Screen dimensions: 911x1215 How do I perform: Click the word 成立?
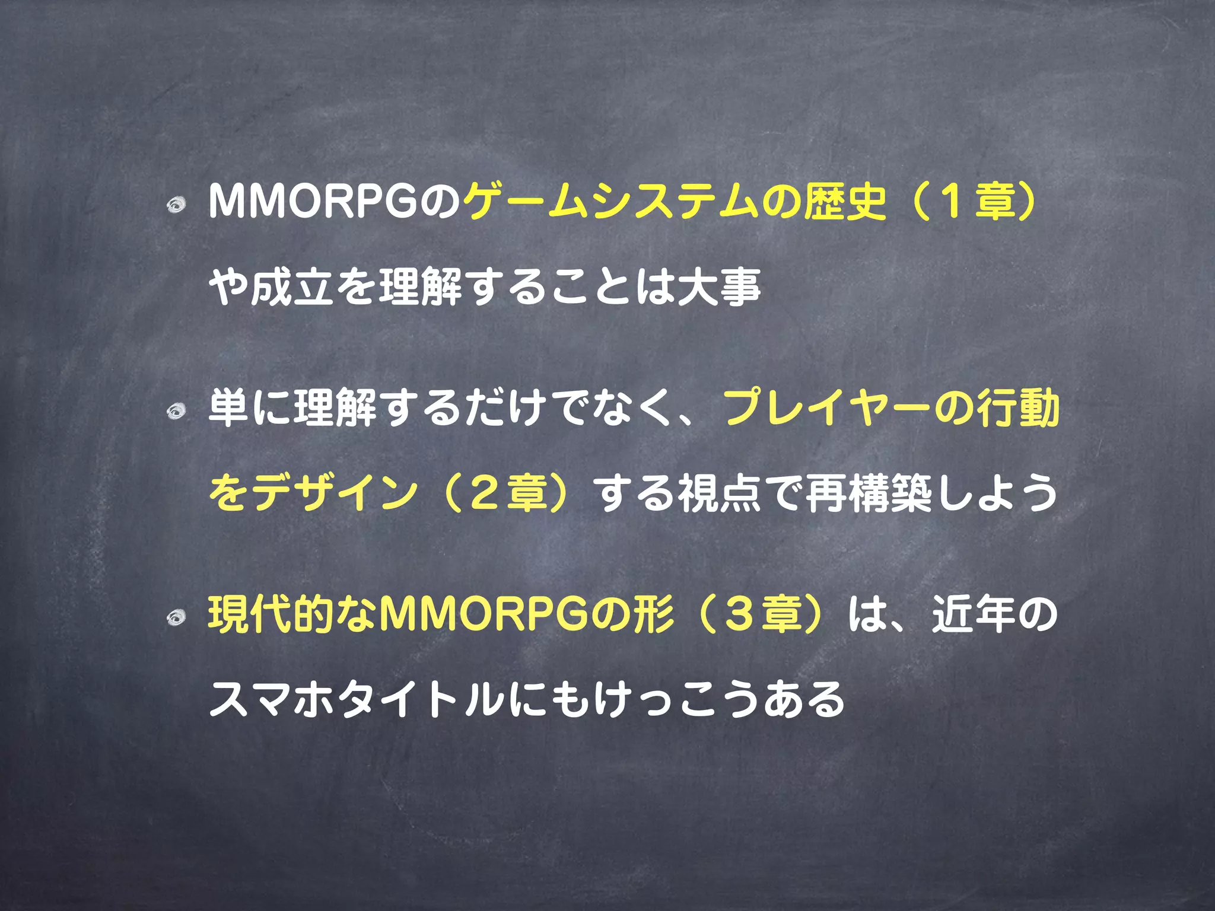click(x=292, y=288)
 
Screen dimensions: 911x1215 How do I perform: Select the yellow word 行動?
click(x=1018, y=409)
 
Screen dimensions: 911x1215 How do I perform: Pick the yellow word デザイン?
click(x=335, y=493)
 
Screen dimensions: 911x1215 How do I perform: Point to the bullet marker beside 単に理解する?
click(x=176, y=411)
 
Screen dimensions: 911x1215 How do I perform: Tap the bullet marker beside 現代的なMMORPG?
click(x=176, y=617)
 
